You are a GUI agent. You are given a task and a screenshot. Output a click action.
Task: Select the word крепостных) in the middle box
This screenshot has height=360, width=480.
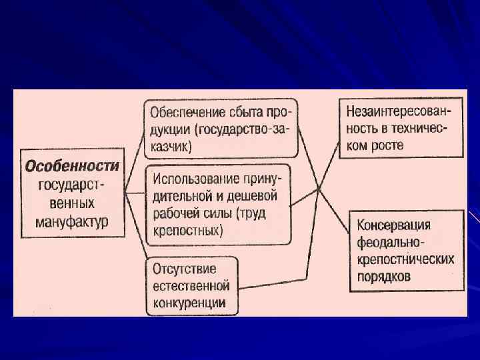point(187,231)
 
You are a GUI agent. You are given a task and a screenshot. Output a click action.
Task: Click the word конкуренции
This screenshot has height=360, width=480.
point(189,303)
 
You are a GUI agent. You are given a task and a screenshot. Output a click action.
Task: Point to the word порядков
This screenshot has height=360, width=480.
point(385,275)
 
